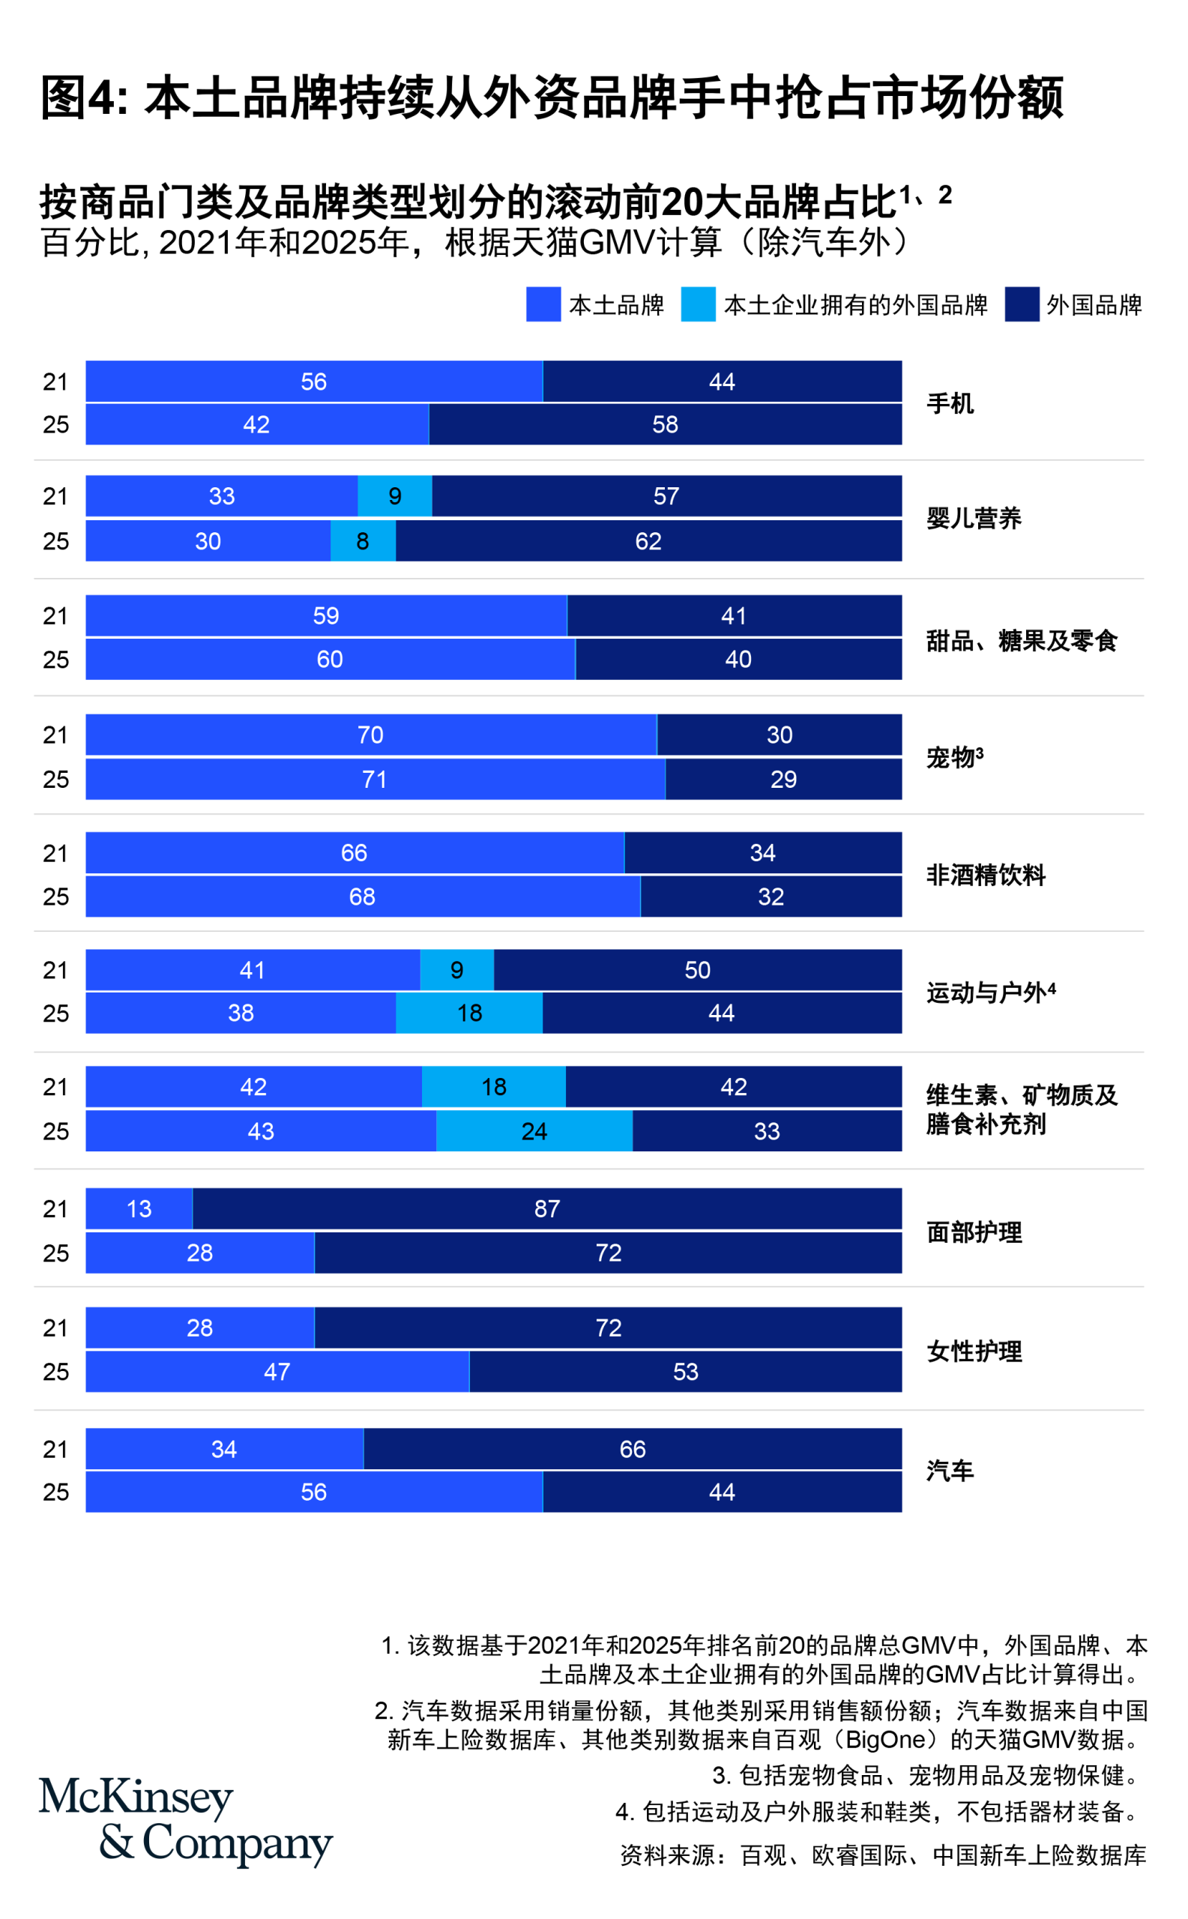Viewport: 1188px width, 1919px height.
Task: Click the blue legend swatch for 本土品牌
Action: [x=543, y=304]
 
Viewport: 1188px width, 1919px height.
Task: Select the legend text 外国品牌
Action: [x=1094, y=305]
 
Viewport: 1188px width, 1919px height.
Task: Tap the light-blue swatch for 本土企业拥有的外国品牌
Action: [x=698, y=304]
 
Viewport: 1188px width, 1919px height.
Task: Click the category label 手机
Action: [x=950, y=404]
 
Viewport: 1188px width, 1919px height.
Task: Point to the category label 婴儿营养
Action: [x=974, y=519]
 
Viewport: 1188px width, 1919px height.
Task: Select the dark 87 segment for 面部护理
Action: [x=547, y=1208]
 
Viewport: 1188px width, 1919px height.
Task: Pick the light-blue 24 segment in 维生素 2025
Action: [x=534, y=1131]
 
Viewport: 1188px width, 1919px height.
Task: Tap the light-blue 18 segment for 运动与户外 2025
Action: [x=469, y=1013]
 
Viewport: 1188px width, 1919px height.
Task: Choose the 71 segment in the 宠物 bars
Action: [x=375, y=780]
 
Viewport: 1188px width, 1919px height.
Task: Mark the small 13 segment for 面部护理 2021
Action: [x=139, y=1208]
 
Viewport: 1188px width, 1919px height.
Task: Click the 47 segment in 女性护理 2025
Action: [x=277, y=1372]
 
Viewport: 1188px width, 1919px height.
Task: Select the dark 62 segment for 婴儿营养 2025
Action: [x=648, y=541]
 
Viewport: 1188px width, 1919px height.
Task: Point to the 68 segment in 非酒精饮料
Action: [x=362, y=897]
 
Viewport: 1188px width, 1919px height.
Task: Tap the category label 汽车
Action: [x=950, y=1471]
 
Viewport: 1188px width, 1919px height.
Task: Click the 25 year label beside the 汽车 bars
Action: [x=55, y=1492]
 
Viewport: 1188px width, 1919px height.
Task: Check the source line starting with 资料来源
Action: [x=882, y=1855]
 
